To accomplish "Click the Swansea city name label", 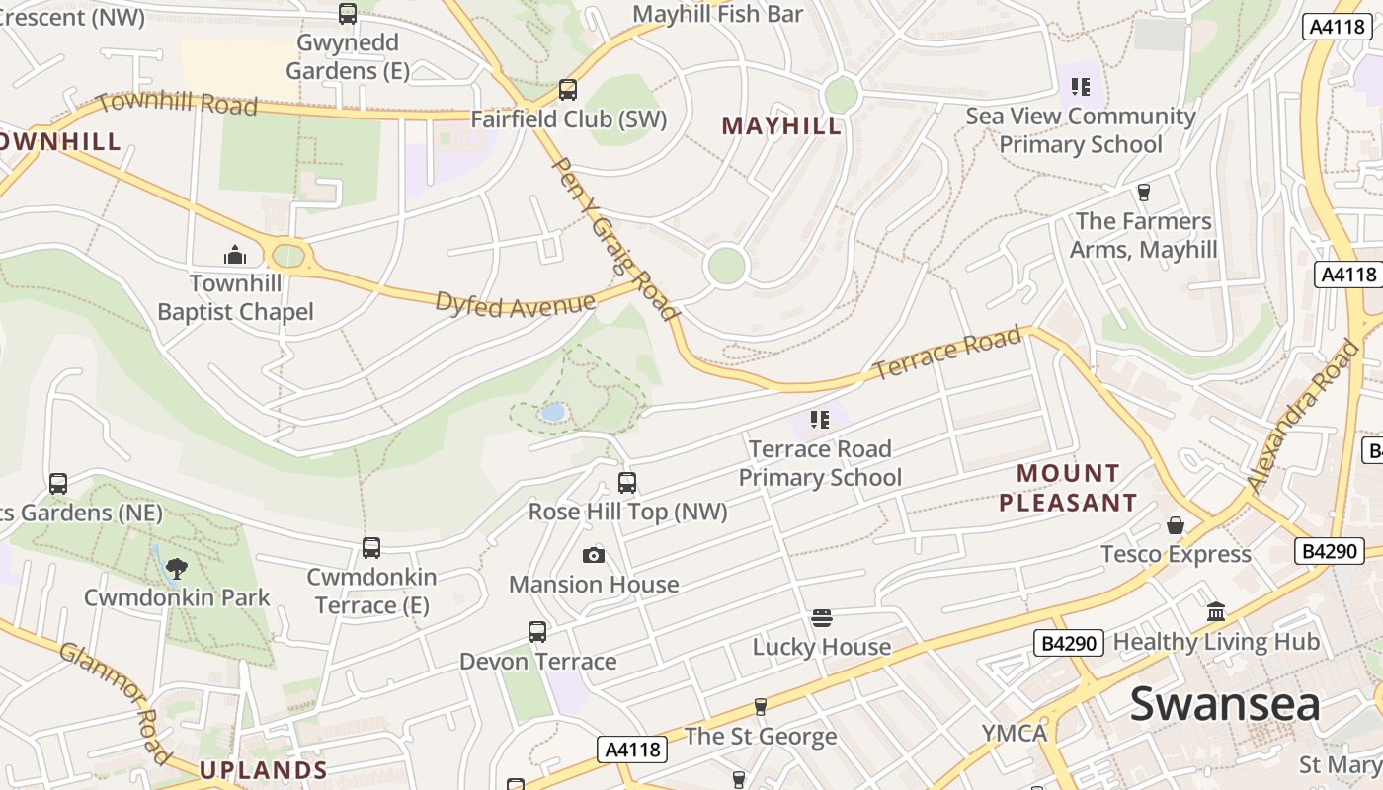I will point(1225,704).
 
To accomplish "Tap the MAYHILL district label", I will point(781,125).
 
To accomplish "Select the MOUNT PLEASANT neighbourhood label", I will point(1068,488).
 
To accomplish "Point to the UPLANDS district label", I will point(264,769).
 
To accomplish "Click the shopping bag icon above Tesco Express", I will point(1176,525).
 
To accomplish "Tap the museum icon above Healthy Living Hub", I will point(1216,612).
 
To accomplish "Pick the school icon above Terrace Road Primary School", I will point(819,420).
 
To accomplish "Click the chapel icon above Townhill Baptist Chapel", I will point(235,255).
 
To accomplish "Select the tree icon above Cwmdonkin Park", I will point(177,568).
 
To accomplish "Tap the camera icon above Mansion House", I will point(593,555).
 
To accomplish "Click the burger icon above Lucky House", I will point(822,618).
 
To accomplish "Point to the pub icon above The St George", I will point(760,707).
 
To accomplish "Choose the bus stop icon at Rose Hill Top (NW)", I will point(627,483).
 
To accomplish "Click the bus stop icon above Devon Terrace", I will point(537,632).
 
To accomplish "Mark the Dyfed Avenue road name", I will point(516,303).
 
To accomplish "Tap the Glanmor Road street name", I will point(117,702).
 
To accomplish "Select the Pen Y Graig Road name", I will point(614,239).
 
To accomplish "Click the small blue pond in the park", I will point(553,412).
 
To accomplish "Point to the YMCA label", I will point(1015,733).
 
